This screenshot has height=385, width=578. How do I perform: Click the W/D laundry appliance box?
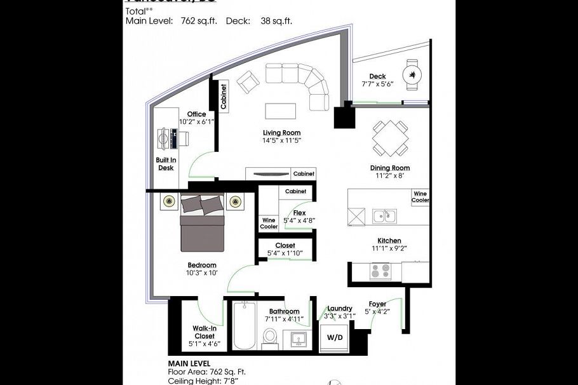pyautogui.click(x=334, y=337)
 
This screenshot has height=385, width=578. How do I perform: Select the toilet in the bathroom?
pyautogui.click(x=271, y=337)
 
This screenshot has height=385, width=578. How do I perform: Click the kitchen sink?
pyautogui.click(x=384, y=216)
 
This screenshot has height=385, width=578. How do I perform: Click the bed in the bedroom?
pyautogui.click(x=203, y=224)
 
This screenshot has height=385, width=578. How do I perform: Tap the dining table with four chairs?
pyautogui.click(x=390, y=139)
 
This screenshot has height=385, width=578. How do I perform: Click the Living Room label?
pyautogui.click(x=281, y=133)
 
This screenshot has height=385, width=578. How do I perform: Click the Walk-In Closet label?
pyautogui.click(x=204, y=332)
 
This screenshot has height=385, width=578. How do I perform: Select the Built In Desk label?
pyautogui.click(x=166, y=164)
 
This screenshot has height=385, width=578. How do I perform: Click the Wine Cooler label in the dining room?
pyautogui.click(x=420, y=196)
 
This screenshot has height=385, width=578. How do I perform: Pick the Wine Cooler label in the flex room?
pyautogui.click(x=269, y=223)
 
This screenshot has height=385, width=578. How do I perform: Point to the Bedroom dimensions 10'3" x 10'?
pyautogui.click(x=202, y=273)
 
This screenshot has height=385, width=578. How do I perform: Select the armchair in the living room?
pyautogui.click(x=248, y=81)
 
